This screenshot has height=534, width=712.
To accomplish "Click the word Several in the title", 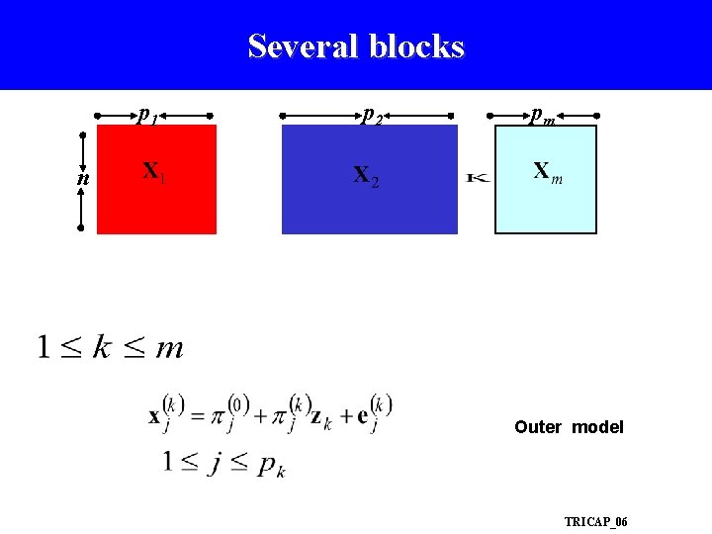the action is (303, 46).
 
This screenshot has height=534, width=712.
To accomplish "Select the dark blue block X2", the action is (370, 208).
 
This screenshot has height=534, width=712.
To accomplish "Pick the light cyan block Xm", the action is (546, 203).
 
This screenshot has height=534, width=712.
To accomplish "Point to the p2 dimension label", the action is (372, 116).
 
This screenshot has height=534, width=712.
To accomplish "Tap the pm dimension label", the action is (542, 116).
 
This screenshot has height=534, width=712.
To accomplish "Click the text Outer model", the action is (569, 427).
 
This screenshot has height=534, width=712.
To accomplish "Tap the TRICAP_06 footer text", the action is (595, 521).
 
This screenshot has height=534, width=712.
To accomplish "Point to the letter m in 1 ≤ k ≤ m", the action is (169, 348).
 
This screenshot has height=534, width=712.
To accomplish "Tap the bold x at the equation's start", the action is (155, 416).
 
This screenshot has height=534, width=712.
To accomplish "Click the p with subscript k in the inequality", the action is (271, 466).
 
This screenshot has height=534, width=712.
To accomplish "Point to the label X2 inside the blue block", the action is (365, 176).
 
